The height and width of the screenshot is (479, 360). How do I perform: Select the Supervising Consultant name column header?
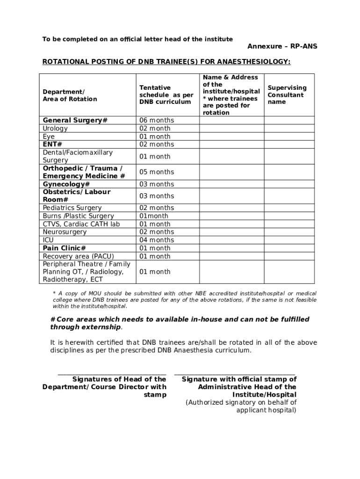pyautogui.click(x=287, y=94)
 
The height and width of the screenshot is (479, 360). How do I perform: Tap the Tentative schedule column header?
pyautogui.click(x=166, y=94)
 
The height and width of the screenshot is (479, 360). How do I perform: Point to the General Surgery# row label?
pyautogui.click(x=75, y=120)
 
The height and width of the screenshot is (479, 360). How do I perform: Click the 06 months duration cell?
pyautogui.click(x=156, y=120)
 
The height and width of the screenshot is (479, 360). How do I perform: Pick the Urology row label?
pyautogui.click(x=55, y=128)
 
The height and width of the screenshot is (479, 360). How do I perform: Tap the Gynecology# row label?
pyautogui.click(x=66, y=184)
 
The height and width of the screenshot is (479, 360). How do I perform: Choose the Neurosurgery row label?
pyautogui.click(x=65, y=232)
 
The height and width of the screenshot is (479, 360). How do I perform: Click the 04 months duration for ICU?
pyautogui.click(x=156, y=240)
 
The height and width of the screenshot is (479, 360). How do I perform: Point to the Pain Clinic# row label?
pyautogui.click(x=64, y=248)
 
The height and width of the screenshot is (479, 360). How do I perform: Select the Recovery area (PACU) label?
pyautogui.click(x=78, y=256)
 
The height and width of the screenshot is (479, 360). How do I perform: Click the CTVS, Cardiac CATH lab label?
pyautogui.click(x=81, y=224)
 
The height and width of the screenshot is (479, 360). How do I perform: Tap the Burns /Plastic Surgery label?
pyautogui.click(x=78, y=216)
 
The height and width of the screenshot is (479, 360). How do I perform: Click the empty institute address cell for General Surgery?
pyautogui.click(x=232, y=120)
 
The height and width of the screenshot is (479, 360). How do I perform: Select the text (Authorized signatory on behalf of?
pyautogui.click(x=241, y=402)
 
